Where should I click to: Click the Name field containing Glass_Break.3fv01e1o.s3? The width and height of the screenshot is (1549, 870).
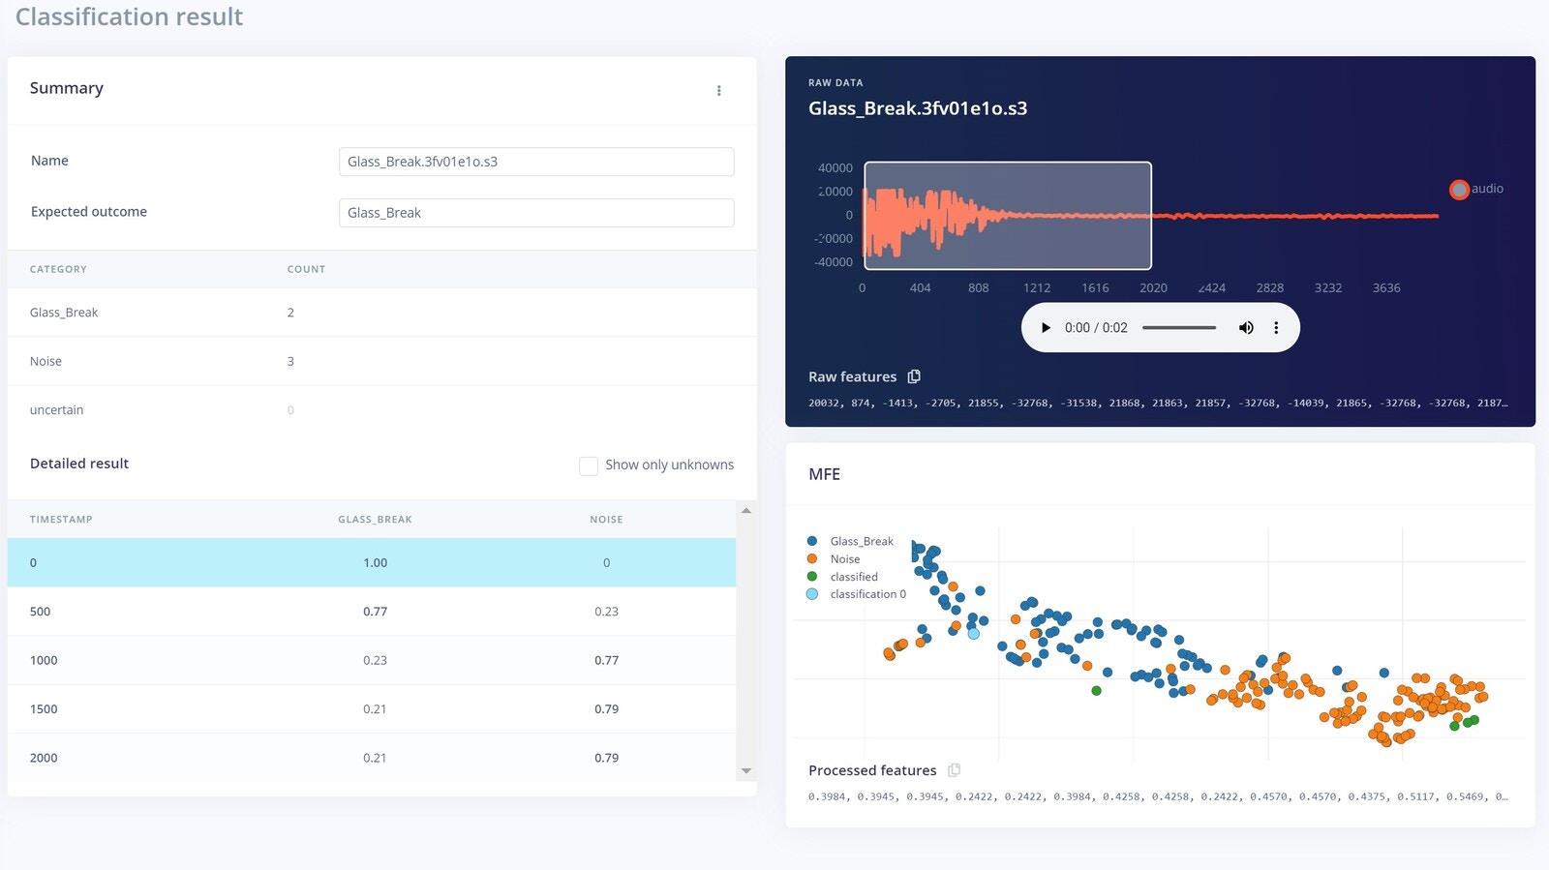point(535,162)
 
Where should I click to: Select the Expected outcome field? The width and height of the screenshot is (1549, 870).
point(535,213)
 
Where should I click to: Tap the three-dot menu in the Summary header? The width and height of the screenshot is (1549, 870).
point(718,91)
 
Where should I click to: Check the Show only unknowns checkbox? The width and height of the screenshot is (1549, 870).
point(589,465)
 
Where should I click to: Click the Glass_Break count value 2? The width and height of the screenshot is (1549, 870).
point(290,313)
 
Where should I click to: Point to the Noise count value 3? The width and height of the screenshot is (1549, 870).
point(290,361)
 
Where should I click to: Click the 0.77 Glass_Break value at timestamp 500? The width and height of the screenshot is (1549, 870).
point(375,612)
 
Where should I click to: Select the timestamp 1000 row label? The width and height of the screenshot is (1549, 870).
point(44,660)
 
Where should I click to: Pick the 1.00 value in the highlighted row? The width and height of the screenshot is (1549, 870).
point(375,563)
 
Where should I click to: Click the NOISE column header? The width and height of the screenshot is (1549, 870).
point(606,520)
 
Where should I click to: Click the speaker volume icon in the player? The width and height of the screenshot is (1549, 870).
point(1246,328)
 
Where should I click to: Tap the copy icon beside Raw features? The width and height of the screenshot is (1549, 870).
point(914,376)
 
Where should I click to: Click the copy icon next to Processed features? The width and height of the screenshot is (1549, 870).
point(954,770)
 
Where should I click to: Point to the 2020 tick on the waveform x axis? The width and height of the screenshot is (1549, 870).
point(1153,288)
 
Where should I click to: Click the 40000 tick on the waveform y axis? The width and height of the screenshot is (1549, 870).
point(835,168)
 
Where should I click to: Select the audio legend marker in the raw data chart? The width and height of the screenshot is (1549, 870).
point(1459,190)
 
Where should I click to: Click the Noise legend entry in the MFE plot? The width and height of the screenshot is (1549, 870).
point(844,559)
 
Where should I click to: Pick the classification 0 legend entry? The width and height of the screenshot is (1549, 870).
point(867,594)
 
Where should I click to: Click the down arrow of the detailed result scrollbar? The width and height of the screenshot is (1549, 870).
point(746,771)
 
